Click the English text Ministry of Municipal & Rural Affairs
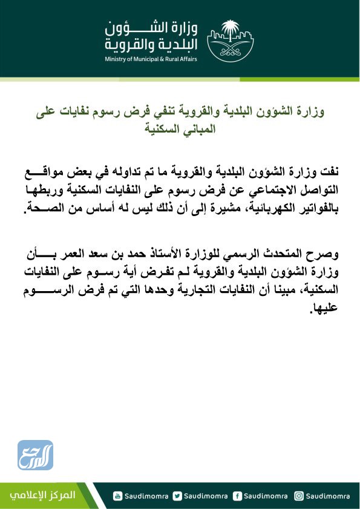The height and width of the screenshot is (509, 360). [151, 59]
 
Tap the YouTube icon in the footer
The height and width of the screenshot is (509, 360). [119, 496]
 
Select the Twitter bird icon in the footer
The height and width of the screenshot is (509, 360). [177, 496]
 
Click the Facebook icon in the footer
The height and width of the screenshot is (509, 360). [238, 496]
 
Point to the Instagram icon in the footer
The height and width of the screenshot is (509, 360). [298, 496]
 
